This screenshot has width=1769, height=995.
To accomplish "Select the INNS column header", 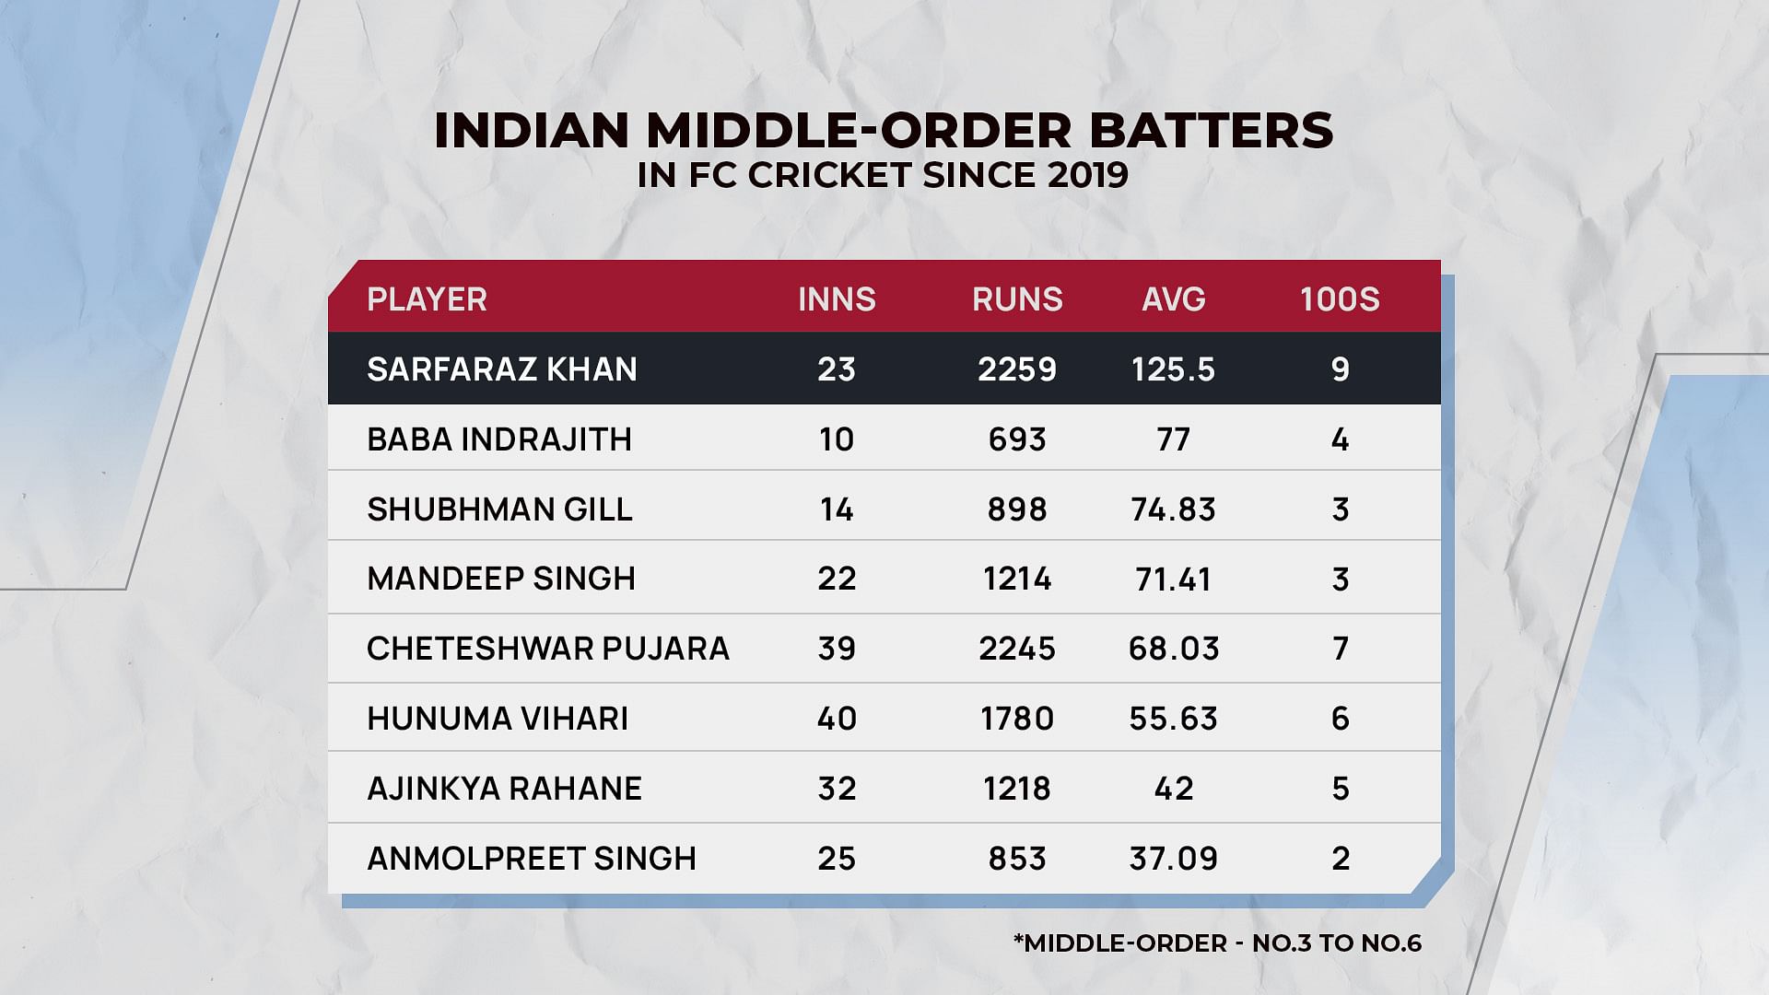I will click(837, 299).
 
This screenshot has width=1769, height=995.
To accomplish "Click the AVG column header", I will click(1173, 299).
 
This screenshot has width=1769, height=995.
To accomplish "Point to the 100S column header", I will click(1340, 299).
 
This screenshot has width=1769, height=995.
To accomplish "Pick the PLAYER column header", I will click(427, 299).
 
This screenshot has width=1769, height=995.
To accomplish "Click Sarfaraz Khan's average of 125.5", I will click(1173, 369).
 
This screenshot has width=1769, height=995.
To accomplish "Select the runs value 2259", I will click(1017, 369).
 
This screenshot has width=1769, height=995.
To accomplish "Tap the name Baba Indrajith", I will click(499, 439).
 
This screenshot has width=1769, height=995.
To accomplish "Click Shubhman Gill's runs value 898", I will click(1017, 509).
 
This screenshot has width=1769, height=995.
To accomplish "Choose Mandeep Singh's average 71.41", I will click(1173, 579).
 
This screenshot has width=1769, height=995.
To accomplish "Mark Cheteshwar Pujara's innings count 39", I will click(837, 649).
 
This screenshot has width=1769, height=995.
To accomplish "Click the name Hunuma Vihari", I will click(498, 719).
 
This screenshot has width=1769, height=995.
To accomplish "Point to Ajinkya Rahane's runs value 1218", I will click(1017, 789).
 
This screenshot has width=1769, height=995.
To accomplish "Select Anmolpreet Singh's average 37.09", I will click(1173, 859).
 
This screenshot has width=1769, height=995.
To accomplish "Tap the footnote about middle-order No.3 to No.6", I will click(1217, 943).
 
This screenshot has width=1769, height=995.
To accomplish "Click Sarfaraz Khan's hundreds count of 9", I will click(1340, 369).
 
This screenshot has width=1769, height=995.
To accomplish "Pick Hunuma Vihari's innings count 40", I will click(837, 719).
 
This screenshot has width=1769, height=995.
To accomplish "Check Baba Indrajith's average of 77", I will click(1173, 439).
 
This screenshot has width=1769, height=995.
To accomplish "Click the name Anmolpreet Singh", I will click(532, 859).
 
